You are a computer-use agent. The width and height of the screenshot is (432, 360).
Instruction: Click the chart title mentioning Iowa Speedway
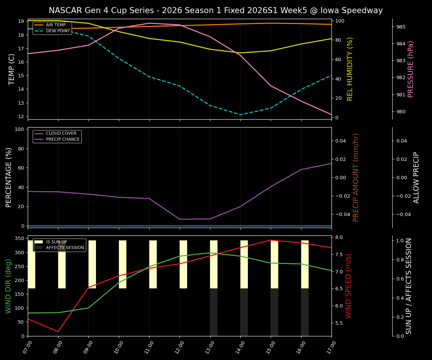(216, 10)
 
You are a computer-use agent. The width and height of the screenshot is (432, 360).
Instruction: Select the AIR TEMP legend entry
(56, 25)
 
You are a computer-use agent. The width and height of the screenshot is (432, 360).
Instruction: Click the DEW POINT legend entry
(58, 31)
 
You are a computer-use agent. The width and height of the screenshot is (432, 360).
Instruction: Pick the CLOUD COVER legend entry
(61, 133)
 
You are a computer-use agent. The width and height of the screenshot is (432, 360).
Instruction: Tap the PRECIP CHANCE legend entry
(63, 139)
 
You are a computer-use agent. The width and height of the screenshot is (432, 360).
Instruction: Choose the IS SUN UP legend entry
(57, 242)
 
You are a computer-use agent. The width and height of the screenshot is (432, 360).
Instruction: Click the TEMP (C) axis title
(12, 69)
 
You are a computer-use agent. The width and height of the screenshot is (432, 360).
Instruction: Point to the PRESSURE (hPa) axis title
(411, 69)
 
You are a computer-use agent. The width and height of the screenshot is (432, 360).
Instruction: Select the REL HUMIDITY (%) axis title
(350, 69)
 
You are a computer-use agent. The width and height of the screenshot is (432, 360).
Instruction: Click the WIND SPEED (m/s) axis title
(349, 286)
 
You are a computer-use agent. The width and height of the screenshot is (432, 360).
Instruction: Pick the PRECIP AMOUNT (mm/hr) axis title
(356, 177)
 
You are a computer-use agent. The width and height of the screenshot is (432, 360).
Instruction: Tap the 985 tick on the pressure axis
(401, 27)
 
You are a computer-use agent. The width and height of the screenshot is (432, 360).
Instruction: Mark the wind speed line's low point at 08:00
(58, 331)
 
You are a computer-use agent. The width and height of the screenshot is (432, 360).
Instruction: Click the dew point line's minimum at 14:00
(240, 115)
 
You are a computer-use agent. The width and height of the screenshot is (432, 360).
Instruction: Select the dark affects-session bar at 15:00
(274, 312)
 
